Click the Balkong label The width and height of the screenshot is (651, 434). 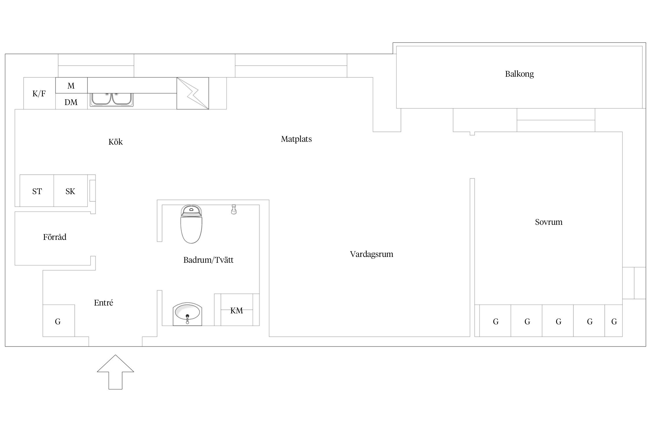point(519,74)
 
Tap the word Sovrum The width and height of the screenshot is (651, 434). point(549,222)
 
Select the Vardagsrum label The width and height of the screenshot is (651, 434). point(372,254)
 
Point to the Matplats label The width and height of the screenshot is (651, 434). point(296,139)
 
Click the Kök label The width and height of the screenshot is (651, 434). point(115,142)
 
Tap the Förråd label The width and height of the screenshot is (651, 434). point(55,237)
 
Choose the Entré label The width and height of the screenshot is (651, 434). point(103,303)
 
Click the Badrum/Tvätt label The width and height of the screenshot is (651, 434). point(208,260)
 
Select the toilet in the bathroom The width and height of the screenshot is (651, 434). point(191,224)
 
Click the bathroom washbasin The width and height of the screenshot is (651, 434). point(187,314)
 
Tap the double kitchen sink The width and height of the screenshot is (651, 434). point(112,100)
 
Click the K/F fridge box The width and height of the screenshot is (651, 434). point(39,93)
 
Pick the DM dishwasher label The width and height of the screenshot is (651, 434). point(71,102)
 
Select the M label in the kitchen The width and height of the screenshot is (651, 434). point(71,86)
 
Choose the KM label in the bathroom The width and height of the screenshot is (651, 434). point(236,311)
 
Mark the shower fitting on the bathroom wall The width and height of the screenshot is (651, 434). point(234,209)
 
